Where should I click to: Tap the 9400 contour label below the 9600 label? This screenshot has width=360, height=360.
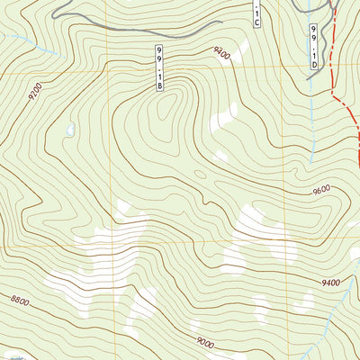[x=329, y=283]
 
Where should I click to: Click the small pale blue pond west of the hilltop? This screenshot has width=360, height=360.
[x=68, y=131]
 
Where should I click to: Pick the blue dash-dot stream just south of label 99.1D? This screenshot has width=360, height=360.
[x=311, y=99]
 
